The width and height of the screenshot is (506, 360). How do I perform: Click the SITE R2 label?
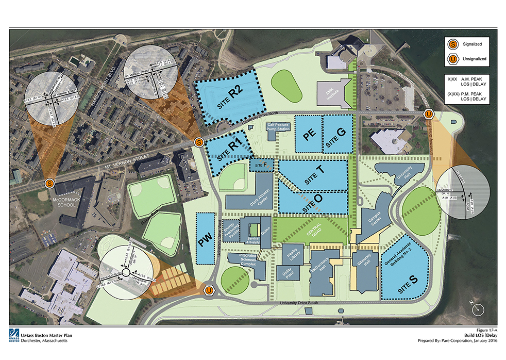pos(229,97)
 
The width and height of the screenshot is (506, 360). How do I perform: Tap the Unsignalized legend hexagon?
pos(453,59)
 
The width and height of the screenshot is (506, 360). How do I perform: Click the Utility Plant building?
pos(284,272)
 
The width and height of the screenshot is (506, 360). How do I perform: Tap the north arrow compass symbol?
pos(479,308)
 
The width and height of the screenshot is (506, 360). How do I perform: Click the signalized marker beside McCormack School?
pos(49,183)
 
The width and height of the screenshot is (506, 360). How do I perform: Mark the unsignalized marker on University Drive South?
pos(209,291)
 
